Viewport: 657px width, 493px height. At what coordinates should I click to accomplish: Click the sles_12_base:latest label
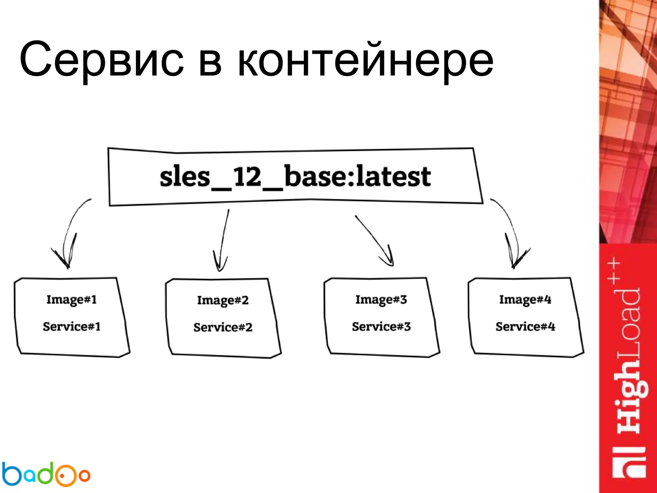pos(295,177)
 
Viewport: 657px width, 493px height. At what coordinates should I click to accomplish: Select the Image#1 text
pos(72,300)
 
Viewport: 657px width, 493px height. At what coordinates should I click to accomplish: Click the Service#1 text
pos(72,327)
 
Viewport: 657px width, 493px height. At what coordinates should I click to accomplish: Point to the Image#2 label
pos(223,300)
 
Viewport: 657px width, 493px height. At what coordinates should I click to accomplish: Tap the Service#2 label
pos(223,327)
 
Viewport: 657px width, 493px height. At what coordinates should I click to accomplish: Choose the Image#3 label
pos(381,300)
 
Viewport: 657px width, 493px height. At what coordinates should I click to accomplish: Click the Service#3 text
pos(381,327)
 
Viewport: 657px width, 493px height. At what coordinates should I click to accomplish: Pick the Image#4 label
pos(525,300)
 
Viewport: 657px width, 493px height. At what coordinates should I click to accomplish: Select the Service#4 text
pos(525,327)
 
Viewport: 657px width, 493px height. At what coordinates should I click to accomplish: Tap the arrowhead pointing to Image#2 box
pos(220,265)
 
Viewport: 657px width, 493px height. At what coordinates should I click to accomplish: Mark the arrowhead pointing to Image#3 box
pos(389,260)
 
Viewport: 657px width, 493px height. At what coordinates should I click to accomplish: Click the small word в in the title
pos(210,63)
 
